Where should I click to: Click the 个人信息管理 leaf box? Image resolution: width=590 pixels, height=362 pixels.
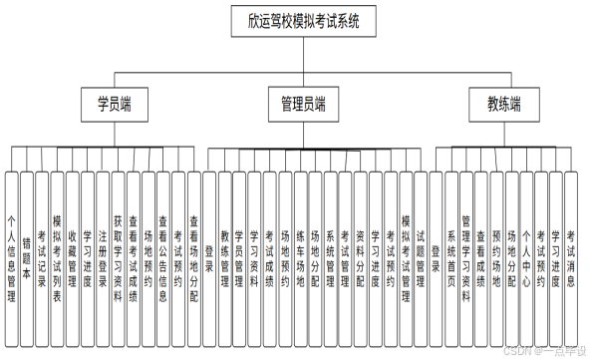pos(11,259)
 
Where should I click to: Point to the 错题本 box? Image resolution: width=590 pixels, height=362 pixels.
pos(26,259)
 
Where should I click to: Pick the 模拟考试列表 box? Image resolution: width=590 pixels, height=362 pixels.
pos(57,259)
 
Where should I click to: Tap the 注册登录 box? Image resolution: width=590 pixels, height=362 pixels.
pos(103,259)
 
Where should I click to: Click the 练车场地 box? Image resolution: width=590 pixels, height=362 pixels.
pos(300,259)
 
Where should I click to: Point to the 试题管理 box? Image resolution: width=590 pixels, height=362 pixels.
pos(421,259)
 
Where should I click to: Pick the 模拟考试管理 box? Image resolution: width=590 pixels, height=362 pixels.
pos(406,259)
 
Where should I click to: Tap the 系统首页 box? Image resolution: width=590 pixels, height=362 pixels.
pos(451,259)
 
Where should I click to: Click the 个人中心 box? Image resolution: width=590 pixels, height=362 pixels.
pos(526,259)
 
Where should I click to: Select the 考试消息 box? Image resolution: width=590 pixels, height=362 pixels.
pos(571,259)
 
